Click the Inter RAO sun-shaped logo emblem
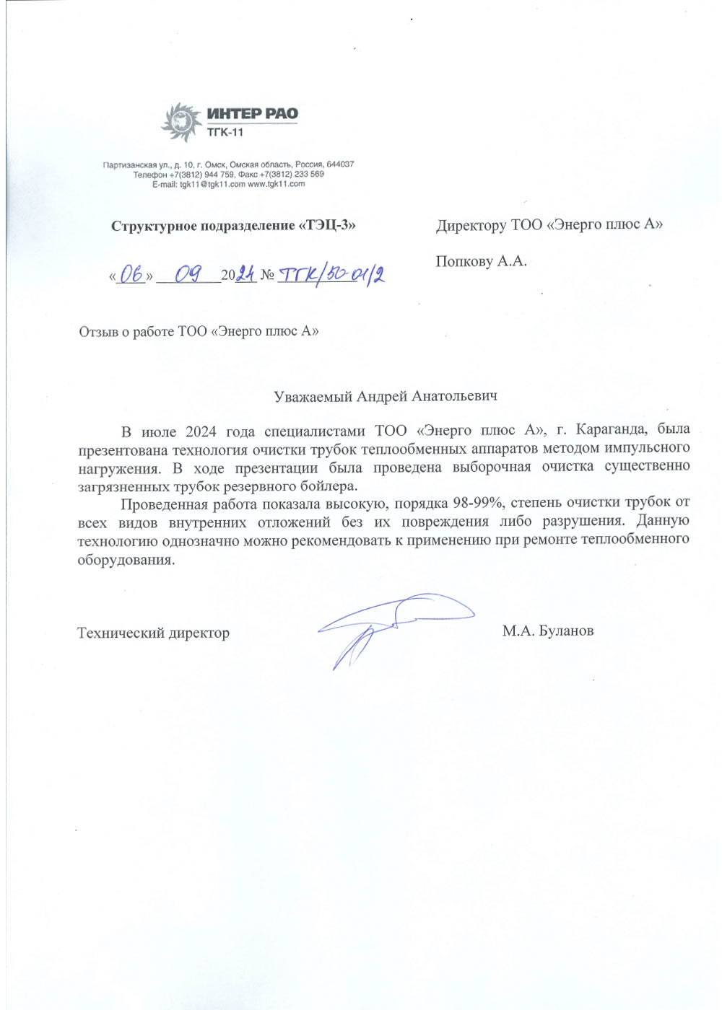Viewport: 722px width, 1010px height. coord(180,121)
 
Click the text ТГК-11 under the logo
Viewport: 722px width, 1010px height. coord(225,133)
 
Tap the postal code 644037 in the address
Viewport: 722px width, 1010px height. coord(340,164)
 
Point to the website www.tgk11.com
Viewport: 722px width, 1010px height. coord(276,184)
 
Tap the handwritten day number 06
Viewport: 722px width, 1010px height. coord(131,274)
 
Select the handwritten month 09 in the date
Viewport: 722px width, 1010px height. coord(188,274)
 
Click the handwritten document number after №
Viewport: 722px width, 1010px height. coord(331,274)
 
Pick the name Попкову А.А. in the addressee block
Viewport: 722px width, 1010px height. coord(481,261)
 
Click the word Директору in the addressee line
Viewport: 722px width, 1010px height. coord(471,225)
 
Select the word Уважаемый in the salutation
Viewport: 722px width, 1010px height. coord(313,397)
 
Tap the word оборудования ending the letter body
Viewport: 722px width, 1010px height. coord(126,560)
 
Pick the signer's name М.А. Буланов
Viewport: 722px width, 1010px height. coord(547,631)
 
